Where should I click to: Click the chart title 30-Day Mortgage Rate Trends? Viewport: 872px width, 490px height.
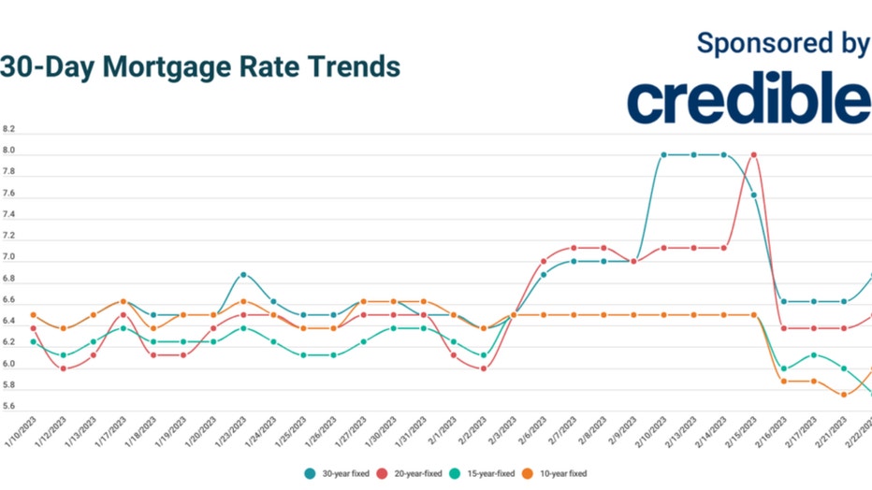click(200, 67)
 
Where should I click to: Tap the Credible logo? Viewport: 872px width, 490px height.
click(748, 101)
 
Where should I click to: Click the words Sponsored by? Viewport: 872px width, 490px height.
click(782, 43)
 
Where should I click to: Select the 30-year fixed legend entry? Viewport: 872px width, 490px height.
click(336, 474)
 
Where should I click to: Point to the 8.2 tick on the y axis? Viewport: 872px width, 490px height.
click(9, 129)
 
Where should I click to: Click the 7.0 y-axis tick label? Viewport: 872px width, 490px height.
click(9, 257)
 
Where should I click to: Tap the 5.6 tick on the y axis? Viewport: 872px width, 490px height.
click(9, 407)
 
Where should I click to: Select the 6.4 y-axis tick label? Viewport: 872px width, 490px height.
click(9, 321)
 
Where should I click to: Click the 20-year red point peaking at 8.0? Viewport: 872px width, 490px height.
click(753, 155)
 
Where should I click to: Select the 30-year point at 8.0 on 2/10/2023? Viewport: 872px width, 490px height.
click(663, 155)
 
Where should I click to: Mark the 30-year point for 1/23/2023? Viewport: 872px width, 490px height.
click(243, 275)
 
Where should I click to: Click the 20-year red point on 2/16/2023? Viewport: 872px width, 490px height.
click(784, 328)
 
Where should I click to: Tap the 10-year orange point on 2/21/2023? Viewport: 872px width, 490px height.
click(844, 395)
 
